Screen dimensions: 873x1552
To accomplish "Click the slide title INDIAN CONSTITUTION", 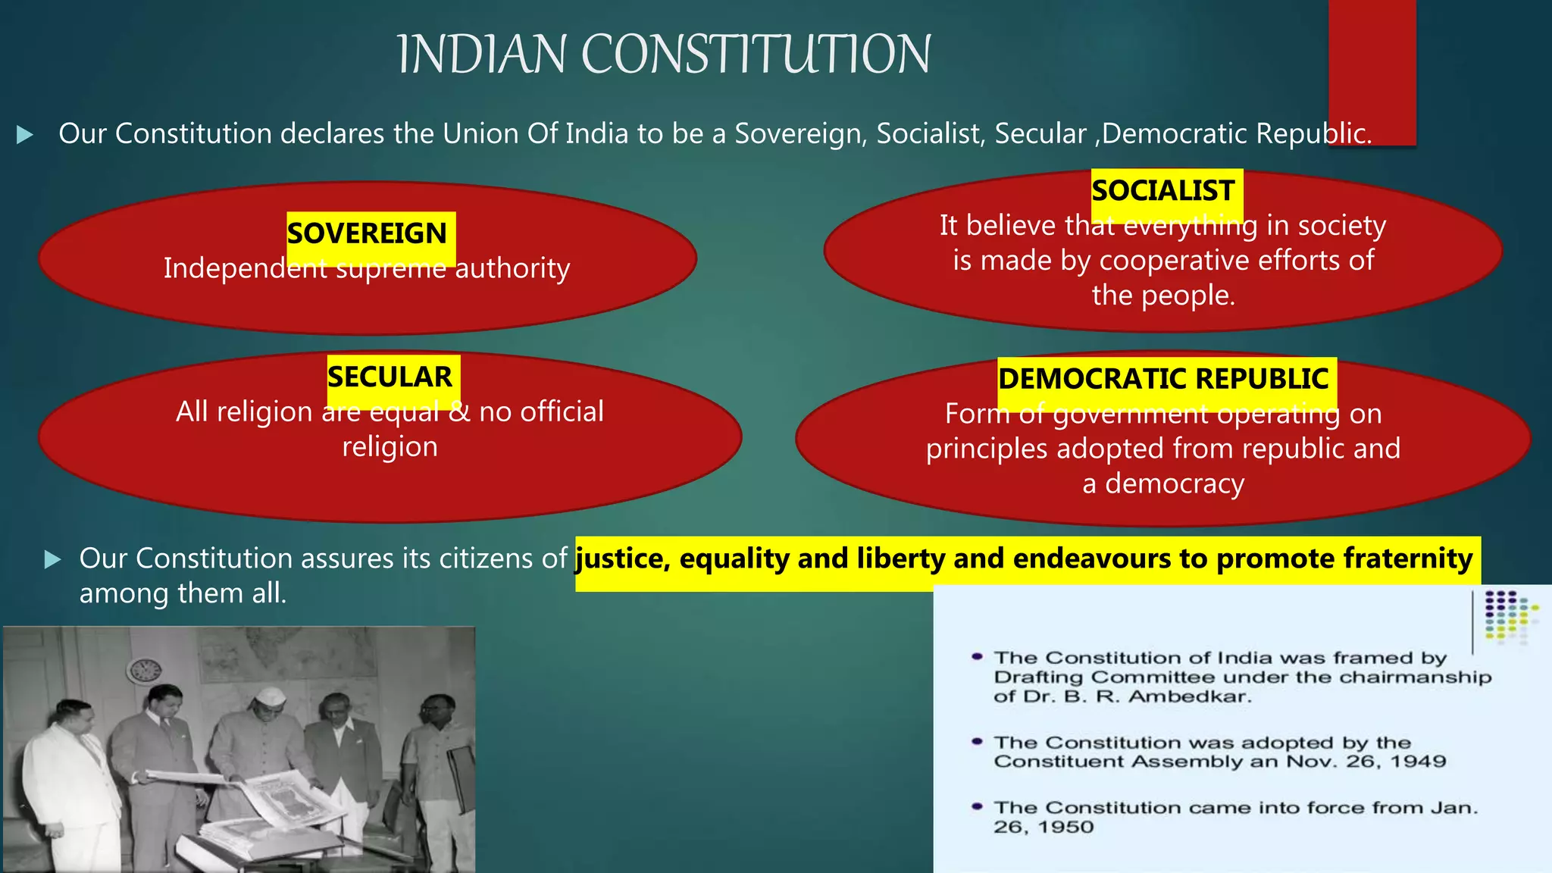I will click(664, 55).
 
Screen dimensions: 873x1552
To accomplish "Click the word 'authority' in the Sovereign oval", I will click(513, 268).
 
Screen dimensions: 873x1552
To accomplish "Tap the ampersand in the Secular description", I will click(459, 411).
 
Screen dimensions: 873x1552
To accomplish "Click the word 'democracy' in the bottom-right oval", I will click(1175, 483).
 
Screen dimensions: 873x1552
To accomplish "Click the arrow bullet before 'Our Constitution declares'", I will click(25, 135).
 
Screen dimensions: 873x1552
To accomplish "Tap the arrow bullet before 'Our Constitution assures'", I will click(52, 560).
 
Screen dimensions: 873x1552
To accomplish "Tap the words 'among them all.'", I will click(183, 593).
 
